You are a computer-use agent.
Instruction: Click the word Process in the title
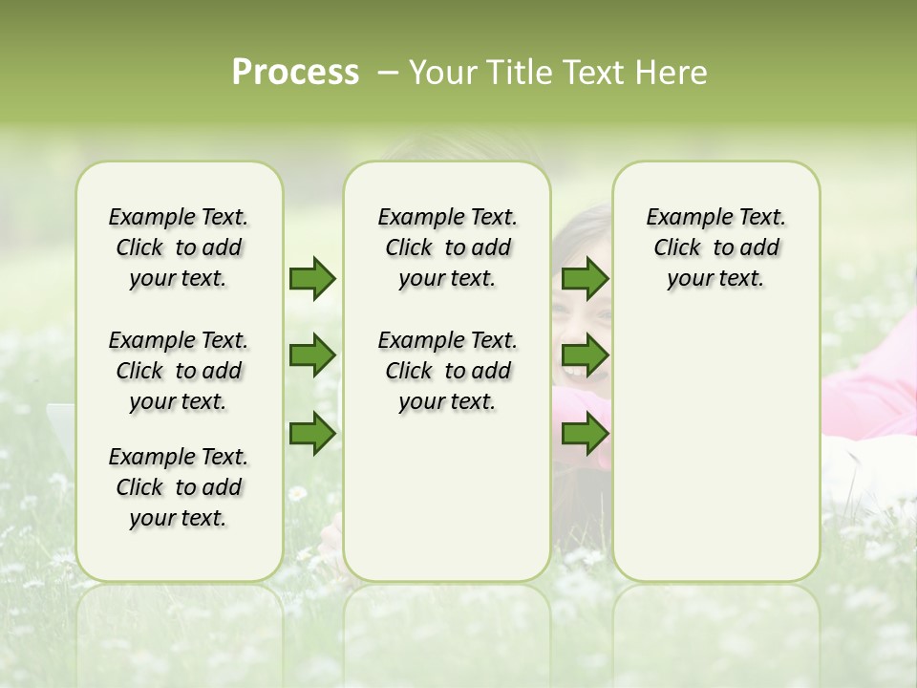click(295, 73)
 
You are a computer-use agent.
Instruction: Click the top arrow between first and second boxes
click(312, 279)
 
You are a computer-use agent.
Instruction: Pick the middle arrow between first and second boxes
click(312, 356)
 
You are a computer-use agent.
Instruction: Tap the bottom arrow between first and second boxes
click(312, 434)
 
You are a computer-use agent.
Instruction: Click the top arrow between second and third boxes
click(585, 279)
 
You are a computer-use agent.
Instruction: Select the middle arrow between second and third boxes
click(585, 356)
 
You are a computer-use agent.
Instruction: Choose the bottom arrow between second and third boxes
click(585, 434)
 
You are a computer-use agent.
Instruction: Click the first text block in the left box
click(179, 247)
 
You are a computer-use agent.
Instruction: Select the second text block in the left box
click(179, 371)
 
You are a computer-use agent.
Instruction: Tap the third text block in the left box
click(179, 487)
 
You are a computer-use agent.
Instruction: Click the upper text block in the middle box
click(447, 247)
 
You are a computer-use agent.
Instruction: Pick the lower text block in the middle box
click(447, 371)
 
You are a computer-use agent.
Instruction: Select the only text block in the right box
click(715, 247)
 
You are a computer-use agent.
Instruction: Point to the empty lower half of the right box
click(715, 459)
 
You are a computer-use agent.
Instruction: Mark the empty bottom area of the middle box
click(447, 506)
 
